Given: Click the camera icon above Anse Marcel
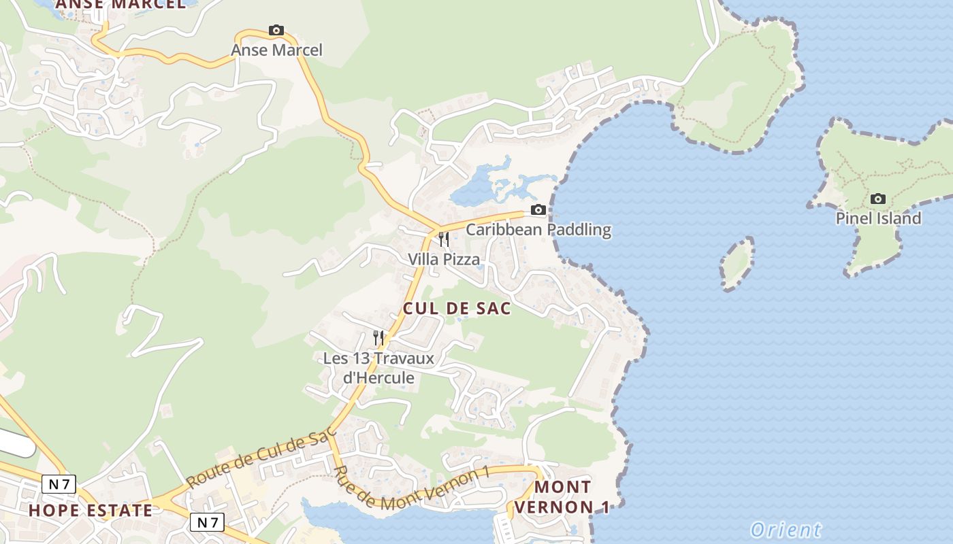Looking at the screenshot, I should coord(276,30).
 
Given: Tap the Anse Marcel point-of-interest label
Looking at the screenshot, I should coord(276,50).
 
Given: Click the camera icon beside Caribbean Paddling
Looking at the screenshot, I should coord(538,209).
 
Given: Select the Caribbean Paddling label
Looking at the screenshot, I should coord(538,230).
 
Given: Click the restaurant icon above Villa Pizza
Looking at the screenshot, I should coord(444,239).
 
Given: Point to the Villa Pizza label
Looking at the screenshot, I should coord(444,259).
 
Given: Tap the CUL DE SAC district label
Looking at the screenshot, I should coord(457,309).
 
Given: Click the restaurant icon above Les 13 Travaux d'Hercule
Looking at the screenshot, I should coord(378,337).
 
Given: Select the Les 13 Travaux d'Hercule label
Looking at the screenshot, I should coord(378,367).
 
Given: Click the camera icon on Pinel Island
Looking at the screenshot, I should coord(878,199).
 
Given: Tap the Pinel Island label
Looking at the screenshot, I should coord(878,218).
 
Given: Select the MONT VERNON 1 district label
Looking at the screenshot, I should coord(562,497).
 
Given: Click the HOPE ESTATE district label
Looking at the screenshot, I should coord(91,511).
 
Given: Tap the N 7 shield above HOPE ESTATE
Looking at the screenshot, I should coord(59,483).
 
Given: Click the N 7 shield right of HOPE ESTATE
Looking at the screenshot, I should coord(206,522).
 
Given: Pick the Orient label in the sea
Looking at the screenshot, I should coord(786,530).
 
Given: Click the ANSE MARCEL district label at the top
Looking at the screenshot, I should coord(120,4).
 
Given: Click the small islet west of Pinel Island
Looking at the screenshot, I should coord(737,264).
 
